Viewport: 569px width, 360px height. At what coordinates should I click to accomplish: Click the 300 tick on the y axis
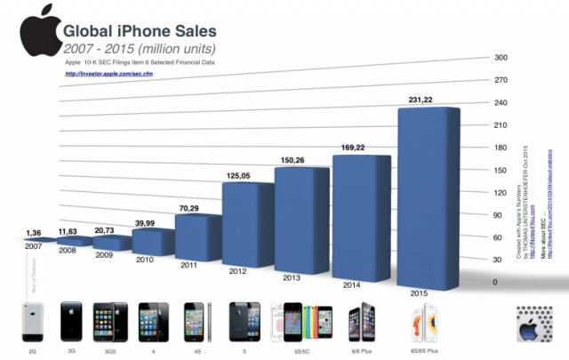coord(501,58)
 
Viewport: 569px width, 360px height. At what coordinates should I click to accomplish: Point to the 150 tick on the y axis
coord(501,170)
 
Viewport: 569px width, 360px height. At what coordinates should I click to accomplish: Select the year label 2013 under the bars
coord(292,277)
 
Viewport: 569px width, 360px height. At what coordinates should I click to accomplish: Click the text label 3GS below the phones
coord(111,352)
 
